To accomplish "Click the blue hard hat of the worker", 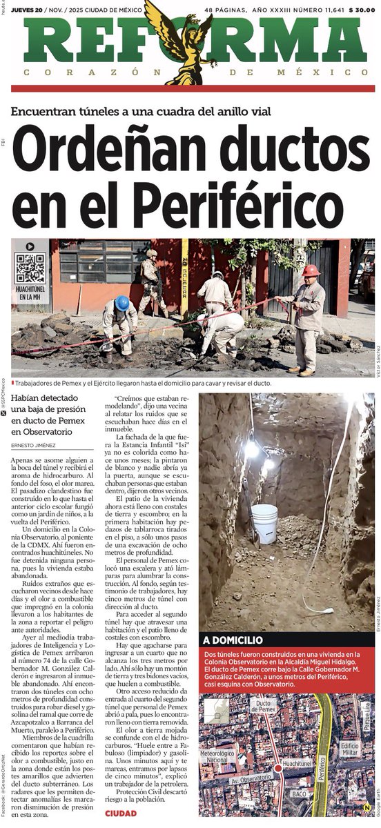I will coord(122,303).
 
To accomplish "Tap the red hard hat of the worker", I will coord(311,270).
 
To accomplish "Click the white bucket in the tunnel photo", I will coord(264,522).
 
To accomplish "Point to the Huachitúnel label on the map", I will coord(297,765).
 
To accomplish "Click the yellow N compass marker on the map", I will coord(366,807).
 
